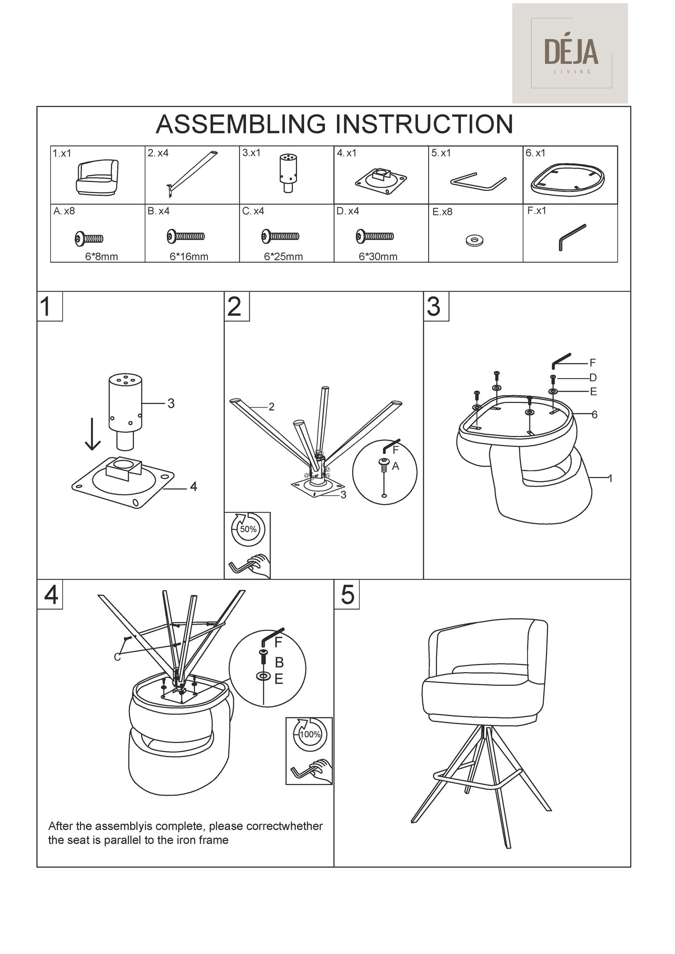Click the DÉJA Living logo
570,53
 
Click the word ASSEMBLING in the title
241,124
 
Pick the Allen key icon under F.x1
572,237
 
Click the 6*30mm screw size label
378,257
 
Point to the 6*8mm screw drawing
89,238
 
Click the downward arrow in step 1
92,434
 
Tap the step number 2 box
237,306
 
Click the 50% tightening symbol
248,529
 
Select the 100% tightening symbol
310,734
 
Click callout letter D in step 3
593,378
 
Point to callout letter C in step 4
117,657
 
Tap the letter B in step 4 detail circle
279,662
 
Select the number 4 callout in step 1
193,487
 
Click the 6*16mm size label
189,257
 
